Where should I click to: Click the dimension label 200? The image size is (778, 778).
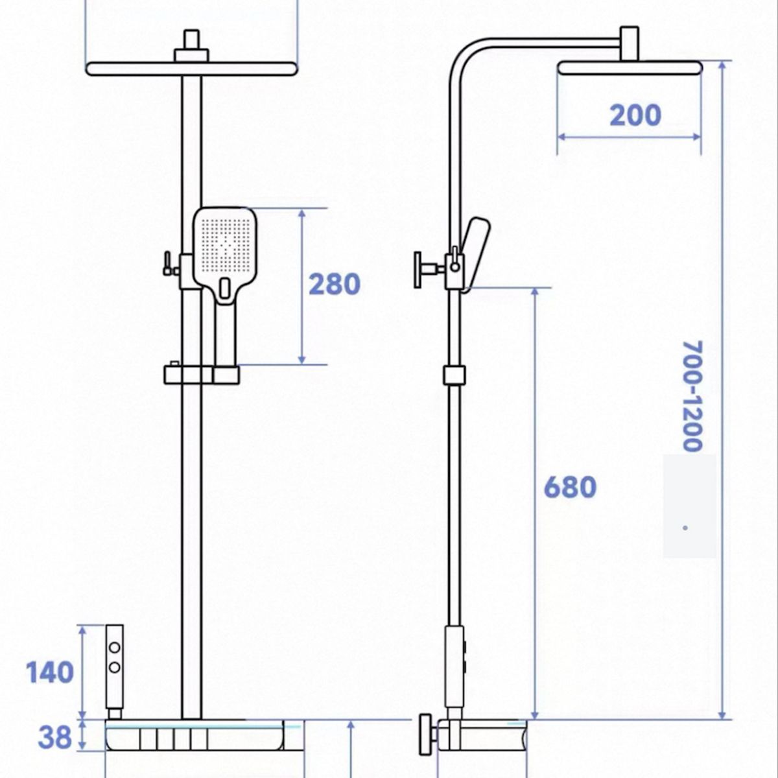pyautogui.click(x=635, y=115)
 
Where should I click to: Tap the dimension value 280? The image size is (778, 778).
pyautogui.click(x=335, y=284)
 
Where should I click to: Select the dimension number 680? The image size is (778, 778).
pyautogui.click(x=570, y=487)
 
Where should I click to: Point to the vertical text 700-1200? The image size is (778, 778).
pyautogui.click(x=693, y=395)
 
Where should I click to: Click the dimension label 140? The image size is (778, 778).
pyautogui.click(x=50, y=672)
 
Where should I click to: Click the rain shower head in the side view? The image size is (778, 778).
pyautogui.click(x=630, y=68)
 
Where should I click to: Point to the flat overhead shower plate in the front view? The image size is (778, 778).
pyautogui.click(x=192, y=69)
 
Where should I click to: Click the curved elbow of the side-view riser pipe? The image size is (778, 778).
pyautogui.click(x=464, y=54)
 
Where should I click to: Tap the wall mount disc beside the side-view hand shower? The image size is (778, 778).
pyautogui.click(x=418, y=270)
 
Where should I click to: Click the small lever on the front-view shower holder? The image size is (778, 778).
pyautogui.click(x=167, y=263)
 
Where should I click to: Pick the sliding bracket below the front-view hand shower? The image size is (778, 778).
pyautogui.click(x=202, y=374)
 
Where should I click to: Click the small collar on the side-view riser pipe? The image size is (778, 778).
pyautogui.click(x=454, y=375)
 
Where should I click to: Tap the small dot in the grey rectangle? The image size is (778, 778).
pyautogui.click(x=685, y=528)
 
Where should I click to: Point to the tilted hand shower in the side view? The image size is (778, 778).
pyautogui.click(x=476, y=254)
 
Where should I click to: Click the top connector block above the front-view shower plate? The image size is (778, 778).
pyautogui.click(x=191, y=45)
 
